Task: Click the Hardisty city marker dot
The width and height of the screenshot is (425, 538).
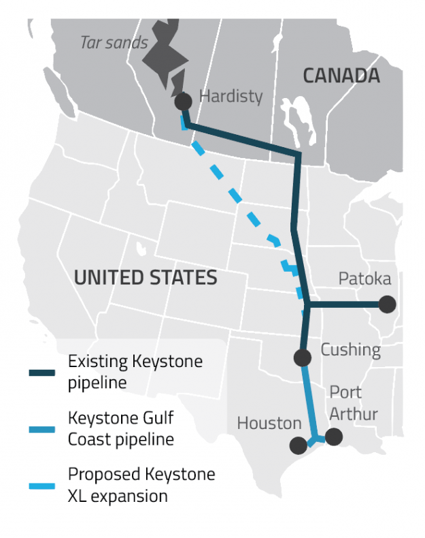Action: tap(182, 101)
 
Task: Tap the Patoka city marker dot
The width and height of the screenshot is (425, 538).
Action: tap(387, 304)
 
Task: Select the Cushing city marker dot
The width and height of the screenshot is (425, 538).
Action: tap(302, 357)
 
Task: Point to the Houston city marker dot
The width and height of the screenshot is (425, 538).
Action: tap(298, 445)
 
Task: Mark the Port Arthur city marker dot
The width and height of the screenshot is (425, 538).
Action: tap(333, 437)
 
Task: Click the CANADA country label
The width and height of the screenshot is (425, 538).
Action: tap(341, 76)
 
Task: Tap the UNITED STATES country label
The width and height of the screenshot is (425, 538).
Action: tap(146, 278)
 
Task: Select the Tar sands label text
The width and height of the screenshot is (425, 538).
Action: tap(114, 42)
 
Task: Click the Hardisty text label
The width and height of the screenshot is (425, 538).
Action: tap(231, 96)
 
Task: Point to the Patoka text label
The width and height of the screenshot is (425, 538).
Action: tap(365, 279)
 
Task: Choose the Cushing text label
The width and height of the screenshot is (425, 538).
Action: tap(350, 349)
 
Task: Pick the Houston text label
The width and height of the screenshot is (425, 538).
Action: tap(269, 424)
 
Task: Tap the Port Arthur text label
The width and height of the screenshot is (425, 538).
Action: tap(354, 402)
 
